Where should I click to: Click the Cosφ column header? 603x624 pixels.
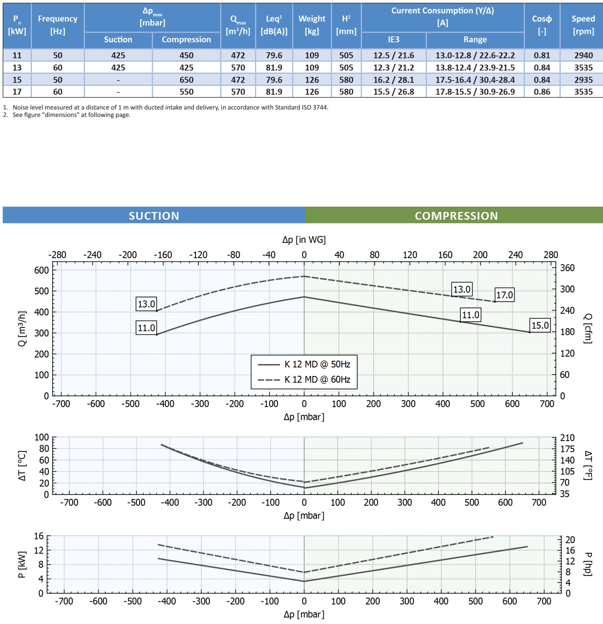pyautogui.click(x=542, y=24)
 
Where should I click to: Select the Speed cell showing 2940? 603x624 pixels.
pyautogui.click(x=583, y=55)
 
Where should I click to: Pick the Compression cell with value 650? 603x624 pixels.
pyautogui.click(x=186, y=80)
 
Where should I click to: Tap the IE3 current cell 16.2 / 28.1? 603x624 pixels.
pyautogui.click(x=393, y=80)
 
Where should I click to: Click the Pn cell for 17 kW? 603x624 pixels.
pyautogui.click(x=17, y=92)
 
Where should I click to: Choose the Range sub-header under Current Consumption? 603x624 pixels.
pyautogui.click(x=475, y=40)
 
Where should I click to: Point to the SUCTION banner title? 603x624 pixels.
pyautogui.click(x=154, y=216)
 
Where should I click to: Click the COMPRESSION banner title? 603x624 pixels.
pyautogui.click(x=456, y=216)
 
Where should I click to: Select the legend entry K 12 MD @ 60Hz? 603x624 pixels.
pyautogui.click(x=317, y=379)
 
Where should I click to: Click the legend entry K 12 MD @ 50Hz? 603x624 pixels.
pyautogui.click(x=317, y=364)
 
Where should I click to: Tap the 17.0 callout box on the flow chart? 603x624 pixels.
pyautogui.click(x=504, y=295)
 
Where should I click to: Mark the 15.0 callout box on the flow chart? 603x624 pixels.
pyautogui.click(x=540, y=326)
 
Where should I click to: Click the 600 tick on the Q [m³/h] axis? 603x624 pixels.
pyautogui.click(x=42, y=270)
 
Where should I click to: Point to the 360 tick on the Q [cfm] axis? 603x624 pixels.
pyautogui.click(x=567, y=268)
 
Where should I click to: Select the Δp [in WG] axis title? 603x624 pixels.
pyautogui.click(x=304, y=240)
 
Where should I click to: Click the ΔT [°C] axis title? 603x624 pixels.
pyautogui.click(x=22, y=466)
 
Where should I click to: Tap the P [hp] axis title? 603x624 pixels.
pyautogui.click(x=588, y=564)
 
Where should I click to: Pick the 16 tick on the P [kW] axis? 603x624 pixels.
pyautogui.click(x=39, y=536)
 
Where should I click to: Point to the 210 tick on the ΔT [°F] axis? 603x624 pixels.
pyautogui.click(x=567, y=438)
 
